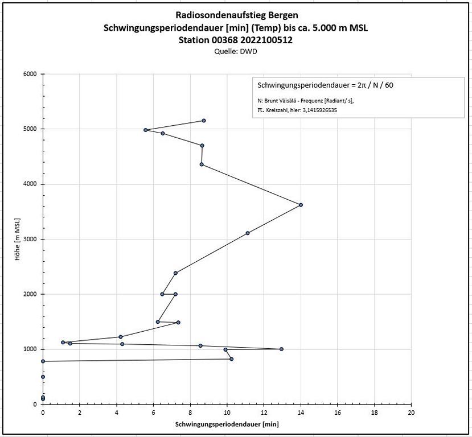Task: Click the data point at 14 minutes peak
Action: pos(301,205)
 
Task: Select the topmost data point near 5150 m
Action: pos(204,121)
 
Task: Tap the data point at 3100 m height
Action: pos(248,233)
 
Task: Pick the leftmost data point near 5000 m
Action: pos(146,130)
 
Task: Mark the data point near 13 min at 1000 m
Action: pos(281,349)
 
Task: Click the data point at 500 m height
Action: pos(43,377)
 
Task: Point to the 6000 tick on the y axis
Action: pos(29,74)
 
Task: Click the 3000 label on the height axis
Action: pos(29,239)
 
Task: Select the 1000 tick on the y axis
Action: pos(29,349)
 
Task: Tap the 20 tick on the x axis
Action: pos(411,412)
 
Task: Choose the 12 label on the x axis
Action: pos(264,412)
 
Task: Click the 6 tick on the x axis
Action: pos(153,412)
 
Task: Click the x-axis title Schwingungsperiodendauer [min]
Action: pos(227,424)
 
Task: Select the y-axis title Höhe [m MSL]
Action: pos(18,239)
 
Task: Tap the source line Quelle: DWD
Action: pos(236,51)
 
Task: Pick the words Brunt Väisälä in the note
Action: pos(283,101)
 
